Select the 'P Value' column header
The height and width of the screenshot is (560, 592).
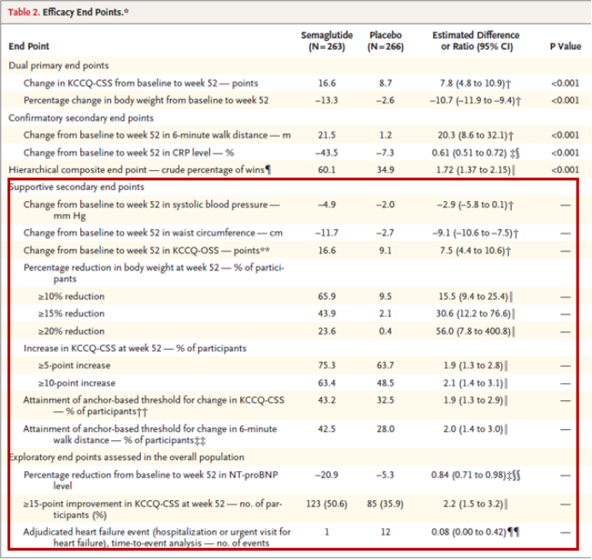tap(564, 46)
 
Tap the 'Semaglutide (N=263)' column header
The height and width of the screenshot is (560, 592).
tap(322, 41)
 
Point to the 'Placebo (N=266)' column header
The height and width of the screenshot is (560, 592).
tap(385, 41)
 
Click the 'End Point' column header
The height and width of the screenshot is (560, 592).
tap(29, 46)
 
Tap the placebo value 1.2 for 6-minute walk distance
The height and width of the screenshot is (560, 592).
tap(385, 135)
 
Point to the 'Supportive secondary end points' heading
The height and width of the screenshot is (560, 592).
tap(76, 187)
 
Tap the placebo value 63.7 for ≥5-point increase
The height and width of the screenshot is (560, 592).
tap(385, 366)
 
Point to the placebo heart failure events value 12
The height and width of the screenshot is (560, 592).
tap(385, 532)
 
